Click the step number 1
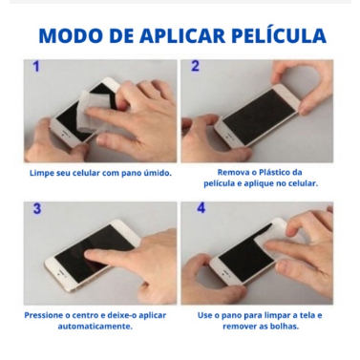[36, 67]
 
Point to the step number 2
[195, 66]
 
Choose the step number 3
[37, 209]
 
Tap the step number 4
[201, 208]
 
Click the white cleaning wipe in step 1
[95, 112]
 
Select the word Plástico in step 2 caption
[274, 172]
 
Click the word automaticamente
[95, 327]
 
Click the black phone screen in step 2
[259, 116]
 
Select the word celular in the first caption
[86, 173]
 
